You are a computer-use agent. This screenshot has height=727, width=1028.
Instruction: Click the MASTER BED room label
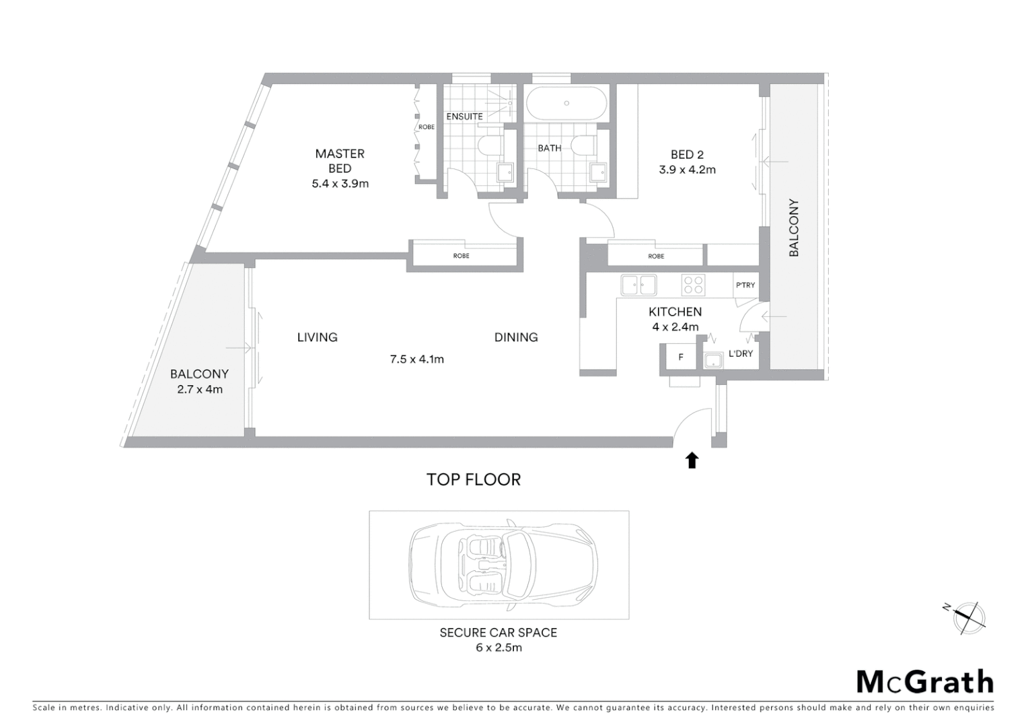click(x=340, y=161)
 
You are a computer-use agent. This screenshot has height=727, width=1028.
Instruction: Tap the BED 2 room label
click(x=687, y=155)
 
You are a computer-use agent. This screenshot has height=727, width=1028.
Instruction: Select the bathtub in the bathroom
click(x=566, y=104)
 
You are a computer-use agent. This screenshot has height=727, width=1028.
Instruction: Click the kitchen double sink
click(x=638, y=285)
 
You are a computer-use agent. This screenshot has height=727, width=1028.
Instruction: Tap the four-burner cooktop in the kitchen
click(x=693, y=285)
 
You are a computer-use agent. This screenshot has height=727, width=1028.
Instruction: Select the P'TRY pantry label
click(x=745, y=285)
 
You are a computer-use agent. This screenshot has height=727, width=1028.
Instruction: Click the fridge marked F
click(x=681, y=357)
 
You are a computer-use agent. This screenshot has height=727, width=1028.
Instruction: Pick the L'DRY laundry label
click(x=741, y=353)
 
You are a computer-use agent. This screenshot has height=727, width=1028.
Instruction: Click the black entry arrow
click(x=692, y=460)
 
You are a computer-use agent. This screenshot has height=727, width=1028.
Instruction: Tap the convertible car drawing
click(x=503, y=563)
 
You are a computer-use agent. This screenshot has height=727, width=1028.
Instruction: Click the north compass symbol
click(x=968, y=617)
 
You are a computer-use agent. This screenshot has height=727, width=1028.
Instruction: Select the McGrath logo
click(x=925, y=682)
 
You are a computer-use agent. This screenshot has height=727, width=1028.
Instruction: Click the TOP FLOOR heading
click(x=474, y=479)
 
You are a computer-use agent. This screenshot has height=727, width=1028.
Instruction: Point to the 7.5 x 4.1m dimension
click(x=417, y=359)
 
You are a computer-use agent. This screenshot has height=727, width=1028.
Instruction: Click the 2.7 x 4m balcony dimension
click(x=200, y=389)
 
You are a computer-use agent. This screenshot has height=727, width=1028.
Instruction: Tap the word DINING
click(x=516, y=337)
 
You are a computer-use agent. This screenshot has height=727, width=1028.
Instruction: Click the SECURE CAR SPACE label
click(x=499, y=633)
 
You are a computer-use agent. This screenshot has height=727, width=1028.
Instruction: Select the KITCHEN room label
click(x=675, y=312)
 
